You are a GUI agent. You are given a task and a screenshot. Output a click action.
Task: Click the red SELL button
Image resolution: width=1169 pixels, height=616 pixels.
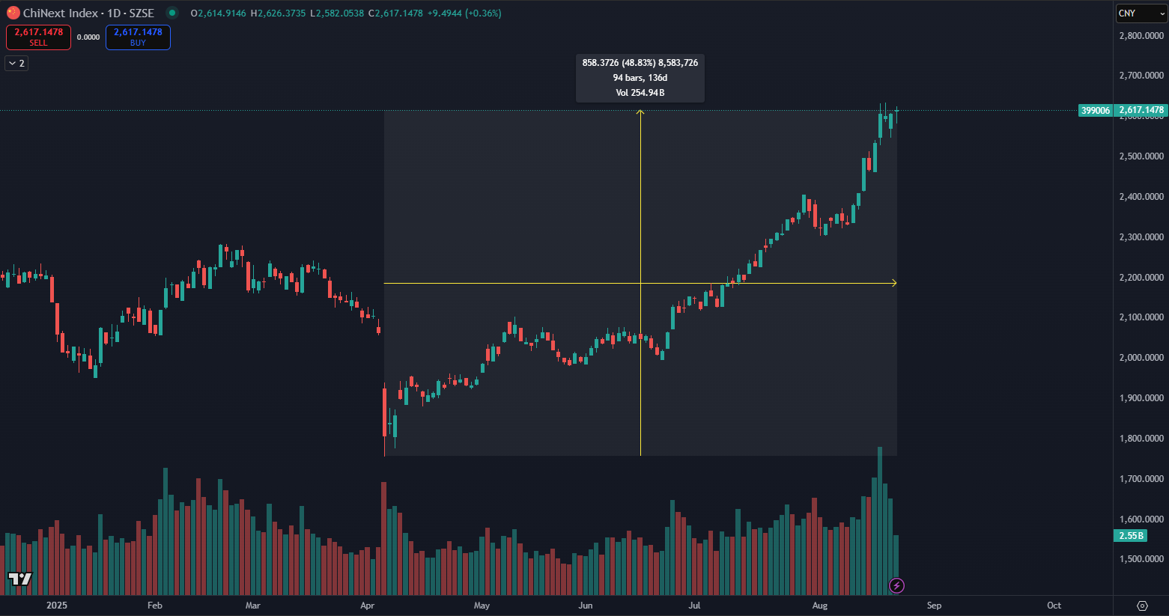pos(38,37)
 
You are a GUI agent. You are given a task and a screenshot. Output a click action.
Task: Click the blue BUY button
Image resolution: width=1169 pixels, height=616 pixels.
pos(138,37)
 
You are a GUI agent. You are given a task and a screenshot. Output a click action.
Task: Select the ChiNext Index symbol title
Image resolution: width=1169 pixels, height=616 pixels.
pos(88,13)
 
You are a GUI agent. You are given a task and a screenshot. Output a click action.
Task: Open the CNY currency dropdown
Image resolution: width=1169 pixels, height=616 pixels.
pos(1140,13)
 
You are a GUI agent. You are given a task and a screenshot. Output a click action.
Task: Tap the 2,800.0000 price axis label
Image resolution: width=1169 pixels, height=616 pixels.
pos(1141,36)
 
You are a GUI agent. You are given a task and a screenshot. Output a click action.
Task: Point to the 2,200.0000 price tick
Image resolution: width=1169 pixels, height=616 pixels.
pos(1141,278)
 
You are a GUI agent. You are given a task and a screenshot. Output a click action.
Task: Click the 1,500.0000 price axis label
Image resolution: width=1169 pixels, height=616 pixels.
pos(1141,559)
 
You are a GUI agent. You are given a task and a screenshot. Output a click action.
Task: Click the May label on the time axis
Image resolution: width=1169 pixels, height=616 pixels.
pos(482,606)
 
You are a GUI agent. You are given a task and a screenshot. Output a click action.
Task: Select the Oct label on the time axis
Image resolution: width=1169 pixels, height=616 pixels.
pos(1054,606)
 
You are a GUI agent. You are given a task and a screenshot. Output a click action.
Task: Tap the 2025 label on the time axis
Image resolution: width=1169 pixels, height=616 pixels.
pos(56,606)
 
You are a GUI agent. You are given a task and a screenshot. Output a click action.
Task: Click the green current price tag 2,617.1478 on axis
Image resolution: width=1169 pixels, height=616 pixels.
pos(1141,110)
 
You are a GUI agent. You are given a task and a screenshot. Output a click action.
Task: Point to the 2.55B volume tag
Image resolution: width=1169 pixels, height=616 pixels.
pos(1131,536)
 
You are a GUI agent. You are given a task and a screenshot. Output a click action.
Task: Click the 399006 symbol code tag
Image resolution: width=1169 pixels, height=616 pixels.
pos(1095,111)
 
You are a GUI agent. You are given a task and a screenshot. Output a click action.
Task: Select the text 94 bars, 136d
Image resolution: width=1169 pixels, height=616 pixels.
pos(640,78)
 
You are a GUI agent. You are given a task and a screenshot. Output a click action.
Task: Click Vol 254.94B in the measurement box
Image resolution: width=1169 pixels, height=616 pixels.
pos(640,93)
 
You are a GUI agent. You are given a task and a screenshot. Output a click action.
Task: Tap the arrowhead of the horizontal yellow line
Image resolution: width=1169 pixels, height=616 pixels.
pos(893,283)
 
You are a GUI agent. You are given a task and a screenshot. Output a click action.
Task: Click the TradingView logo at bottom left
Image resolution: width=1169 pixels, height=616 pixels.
pos(20,579)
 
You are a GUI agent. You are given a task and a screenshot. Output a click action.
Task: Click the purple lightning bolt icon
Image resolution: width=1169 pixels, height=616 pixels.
pos(896,585)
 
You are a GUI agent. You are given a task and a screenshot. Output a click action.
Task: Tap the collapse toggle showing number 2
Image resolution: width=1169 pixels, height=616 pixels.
pos(16,64)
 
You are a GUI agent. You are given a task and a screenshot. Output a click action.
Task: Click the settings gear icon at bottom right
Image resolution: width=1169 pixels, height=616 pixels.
pos(1142,606)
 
